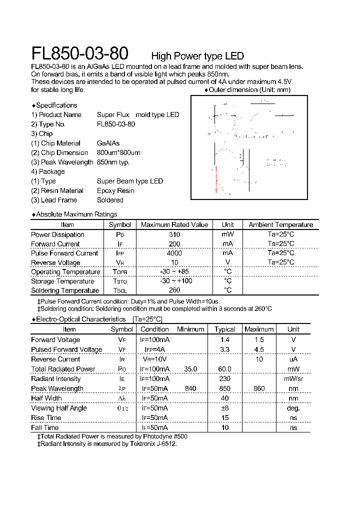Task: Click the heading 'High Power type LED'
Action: [x=197, y=56]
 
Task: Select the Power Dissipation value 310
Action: [x=174, y=234]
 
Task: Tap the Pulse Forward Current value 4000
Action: [x=174, y=253]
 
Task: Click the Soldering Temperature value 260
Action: [x=174, y=290]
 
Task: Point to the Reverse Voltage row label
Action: [x=55, y=262]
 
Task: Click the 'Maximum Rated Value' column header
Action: [x=174, y=225]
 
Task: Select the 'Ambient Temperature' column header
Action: [x=280, y=225]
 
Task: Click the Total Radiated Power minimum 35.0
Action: [x=190, y=369]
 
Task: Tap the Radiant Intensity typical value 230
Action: [x=224, y=379]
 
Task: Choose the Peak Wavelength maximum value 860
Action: [x=259, y=388]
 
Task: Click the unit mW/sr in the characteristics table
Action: [x=293, y=379]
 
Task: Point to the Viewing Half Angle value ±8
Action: [x=224, y=408]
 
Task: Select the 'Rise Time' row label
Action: [x=46, y=418]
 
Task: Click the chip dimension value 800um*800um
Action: [x=118, y=153]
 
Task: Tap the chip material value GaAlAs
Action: [x=108, y=143]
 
